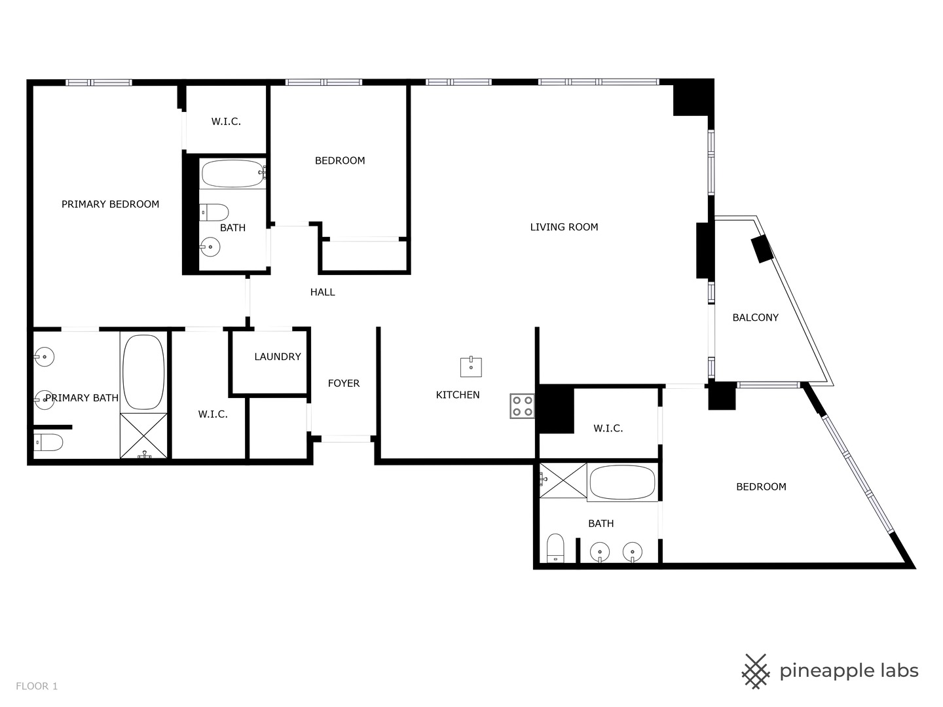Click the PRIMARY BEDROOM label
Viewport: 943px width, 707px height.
pos(110,204)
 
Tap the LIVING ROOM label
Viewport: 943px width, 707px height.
pos(564,227)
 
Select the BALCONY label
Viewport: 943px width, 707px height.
pos(755,317)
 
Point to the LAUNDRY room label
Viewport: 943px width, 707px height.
pos(278,357)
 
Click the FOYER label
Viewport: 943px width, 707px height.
pos(344,384)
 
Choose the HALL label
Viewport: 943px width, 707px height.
pos(322,293)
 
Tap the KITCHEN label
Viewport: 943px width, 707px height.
pos(458,395)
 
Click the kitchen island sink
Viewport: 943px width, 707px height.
pos(471,367)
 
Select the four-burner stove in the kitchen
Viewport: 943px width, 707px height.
pos(523,406)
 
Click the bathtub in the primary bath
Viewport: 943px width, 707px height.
pos(144,372)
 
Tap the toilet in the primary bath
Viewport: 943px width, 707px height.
pos(48,443)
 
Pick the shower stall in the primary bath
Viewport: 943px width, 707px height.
pos(144,436)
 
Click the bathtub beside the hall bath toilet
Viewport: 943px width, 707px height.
pos(232,173)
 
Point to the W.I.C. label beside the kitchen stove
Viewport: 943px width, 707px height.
pos(608,429)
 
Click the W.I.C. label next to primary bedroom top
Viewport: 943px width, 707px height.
pos(226,122)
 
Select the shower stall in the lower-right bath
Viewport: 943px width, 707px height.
pos(563,480)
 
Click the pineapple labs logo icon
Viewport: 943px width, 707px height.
pos(756,671)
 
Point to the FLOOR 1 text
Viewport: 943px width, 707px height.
pos(37,686)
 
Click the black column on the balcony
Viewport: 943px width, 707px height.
pos(762,249)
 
